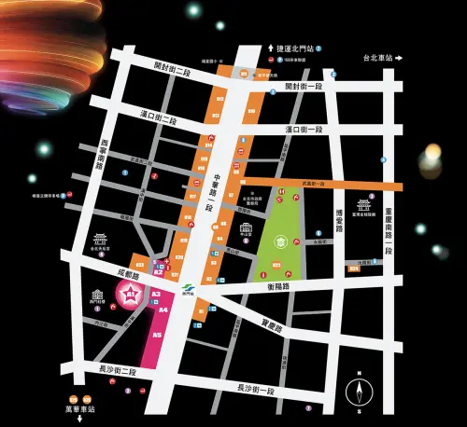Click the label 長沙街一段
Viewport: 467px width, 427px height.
[256, 386]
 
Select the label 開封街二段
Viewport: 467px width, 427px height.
[174, 68]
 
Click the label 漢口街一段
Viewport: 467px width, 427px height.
[304, 129]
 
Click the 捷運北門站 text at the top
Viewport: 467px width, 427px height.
[298, 48]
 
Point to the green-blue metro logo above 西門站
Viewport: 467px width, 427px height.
[186, 285]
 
